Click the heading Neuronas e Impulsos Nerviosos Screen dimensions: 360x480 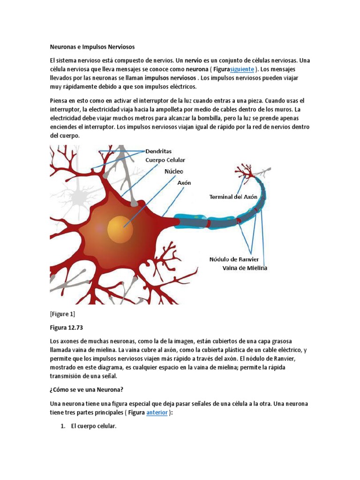click(92, 47)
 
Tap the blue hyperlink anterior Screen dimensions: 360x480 click(157, 413)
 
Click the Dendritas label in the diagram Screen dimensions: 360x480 click(158, 151)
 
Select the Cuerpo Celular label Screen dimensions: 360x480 click(165, 160)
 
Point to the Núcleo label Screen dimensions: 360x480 click(173, 172)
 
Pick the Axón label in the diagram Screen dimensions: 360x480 click(184, 183)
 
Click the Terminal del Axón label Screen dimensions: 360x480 click(233, 197)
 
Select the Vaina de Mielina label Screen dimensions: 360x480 click(245, 268)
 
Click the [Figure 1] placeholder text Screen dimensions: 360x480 click(62, 314)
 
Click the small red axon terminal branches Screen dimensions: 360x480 click(244, 173)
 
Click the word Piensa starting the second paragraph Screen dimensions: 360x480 click(60, 101)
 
